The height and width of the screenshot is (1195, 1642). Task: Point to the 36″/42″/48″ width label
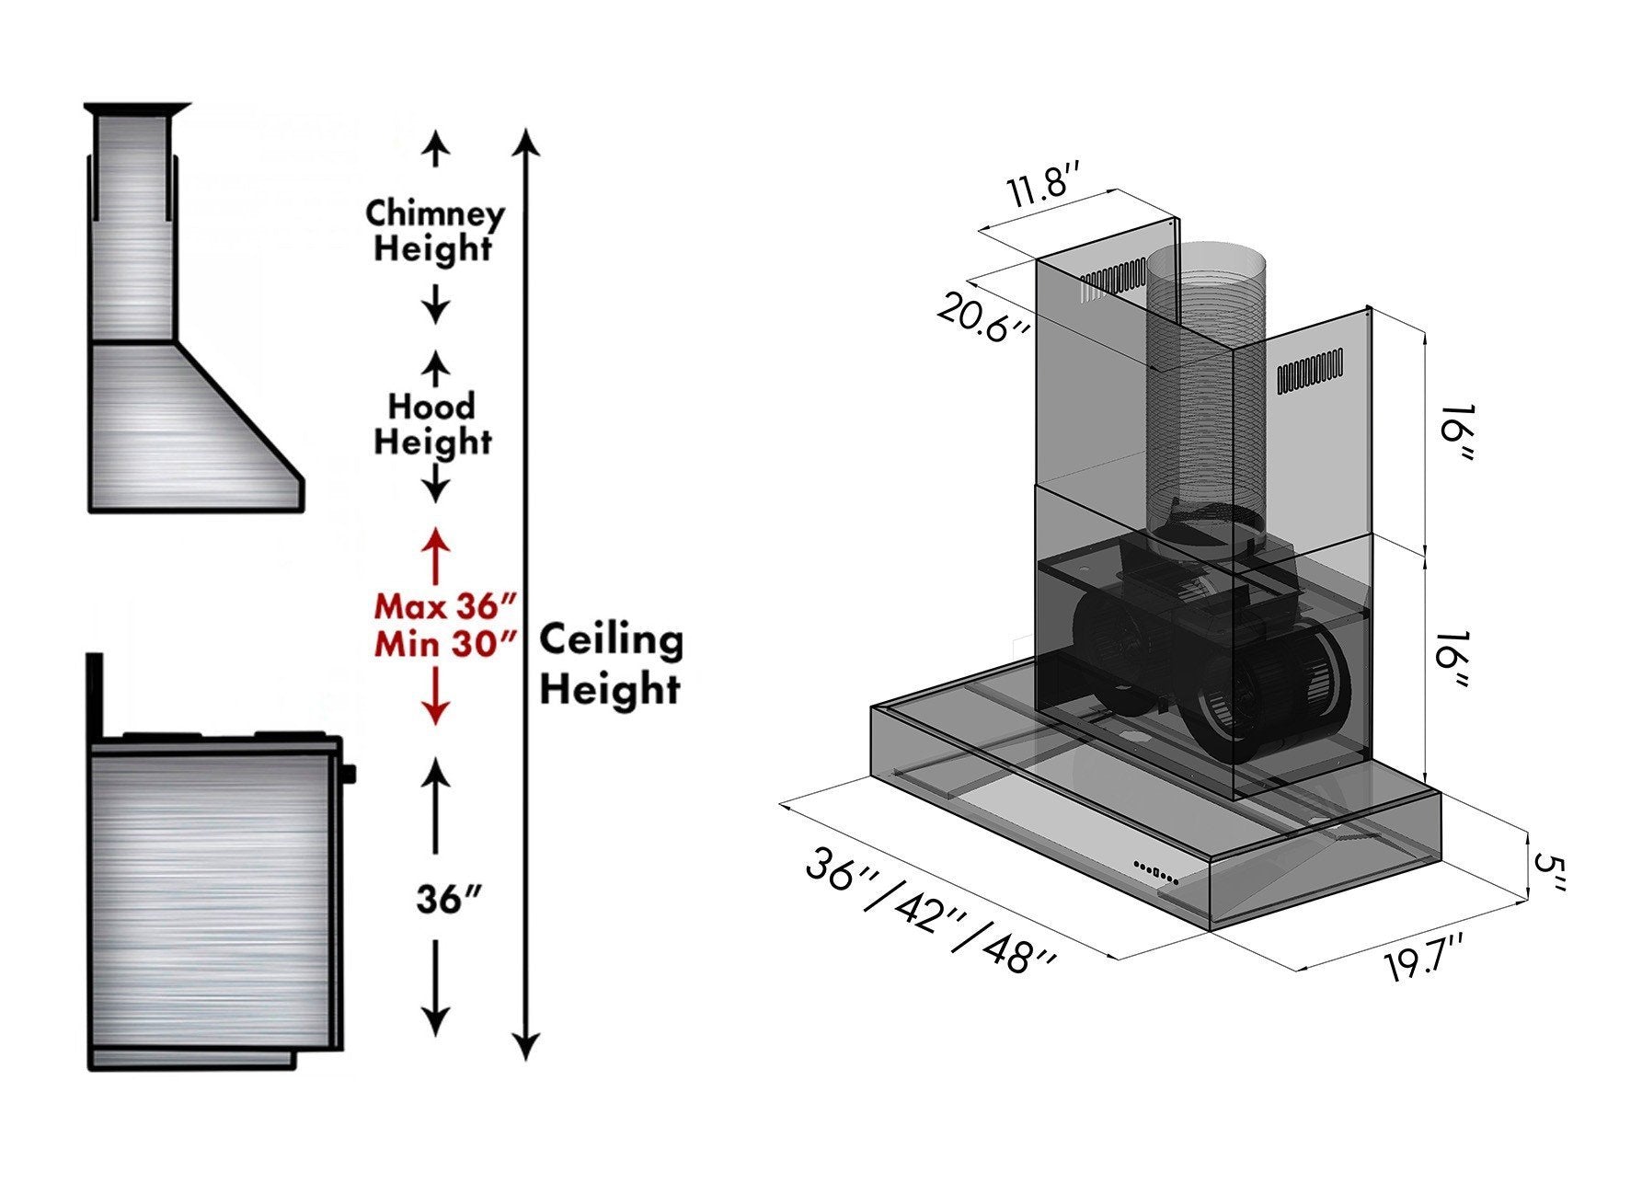coord(929,911)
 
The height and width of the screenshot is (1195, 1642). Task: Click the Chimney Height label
coord(434,231)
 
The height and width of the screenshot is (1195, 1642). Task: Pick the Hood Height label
coord(432,424)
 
